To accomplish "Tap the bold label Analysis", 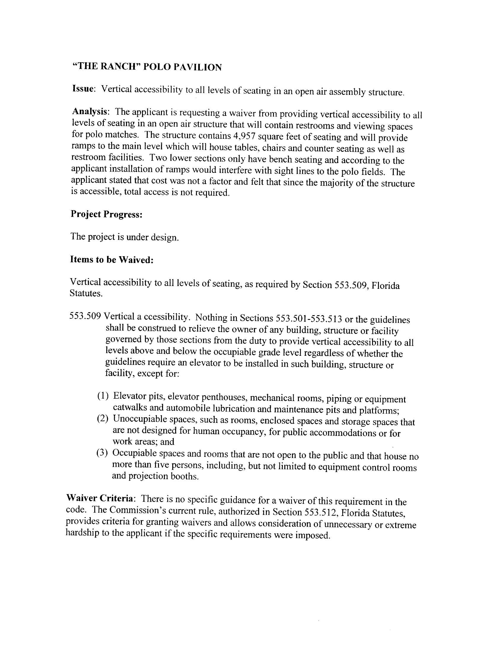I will [90, 111].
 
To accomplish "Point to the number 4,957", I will [244, 136].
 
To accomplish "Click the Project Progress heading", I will [106, 214].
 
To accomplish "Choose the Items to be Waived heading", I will [111, 259].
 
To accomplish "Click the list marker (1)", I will [102, 396].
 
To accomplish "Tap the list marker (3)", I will [101, 453].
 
